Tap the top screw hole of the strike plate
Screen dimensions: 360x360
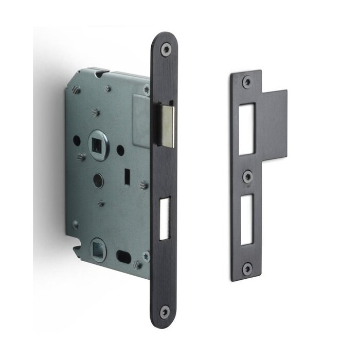248,81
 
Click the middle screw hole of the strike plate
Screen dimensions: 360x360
248,176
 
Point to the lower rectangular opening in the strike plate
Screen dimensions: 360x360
247,222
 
